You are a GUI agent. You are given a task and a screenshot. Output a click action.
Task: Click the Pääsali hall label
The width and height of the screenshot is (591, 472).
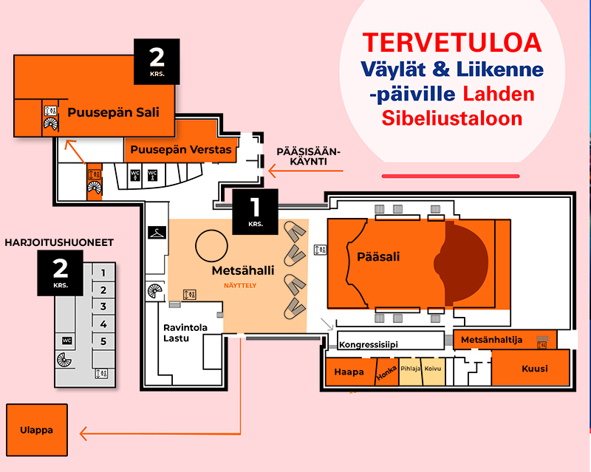378,257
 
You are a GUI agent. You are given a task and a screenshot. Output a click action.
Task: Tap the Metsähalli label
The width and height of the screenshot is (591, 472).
243,270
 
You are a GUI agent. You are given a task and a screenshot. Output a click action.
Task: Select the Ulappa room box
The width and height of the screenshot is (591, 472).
37,430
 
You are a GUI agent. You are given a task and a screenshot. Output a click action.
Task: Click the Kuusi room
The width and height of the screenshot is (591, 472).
530,368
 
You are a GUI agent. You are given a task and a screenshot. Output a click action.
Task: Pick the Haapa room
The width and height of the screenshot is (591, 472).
350,372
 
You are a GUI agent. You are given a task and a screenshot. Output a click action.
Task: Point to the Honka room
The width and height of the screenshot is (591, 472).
387,372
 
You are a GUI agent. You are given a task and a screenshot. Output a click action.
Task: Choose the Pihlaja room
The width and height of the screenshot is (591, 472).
410,372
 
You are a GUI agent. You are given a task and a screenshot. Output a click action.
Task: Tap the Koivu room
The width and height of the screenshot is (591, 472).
433,372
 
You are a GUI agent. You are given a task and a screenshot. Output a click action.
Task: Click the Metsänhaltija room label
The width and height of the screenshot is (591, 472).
491,340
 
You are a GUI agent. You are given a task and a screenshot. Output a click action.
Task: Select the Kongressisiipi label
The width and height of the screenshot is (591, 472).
368,344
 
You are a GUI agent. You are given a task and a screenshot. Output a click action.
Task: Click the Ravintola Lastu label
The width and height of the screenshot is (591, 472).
185,333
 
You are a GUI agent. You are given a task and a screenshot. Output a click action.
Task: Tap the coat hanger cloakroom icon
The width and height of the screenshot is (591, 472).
157,233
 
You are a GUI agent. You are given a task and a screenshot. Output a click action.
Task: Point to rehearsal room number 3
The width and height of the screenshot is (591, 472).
103,307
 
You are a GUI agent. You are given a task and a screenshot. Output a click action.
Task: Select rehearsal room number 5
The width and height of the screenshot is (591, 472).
103,341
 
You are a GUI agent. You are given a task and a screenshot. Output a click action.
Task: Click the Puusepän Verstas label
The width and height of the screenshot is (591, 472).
181,150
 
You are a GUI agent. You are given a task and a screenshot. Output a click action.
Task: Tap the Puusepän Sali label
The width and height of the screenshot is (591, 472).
114,112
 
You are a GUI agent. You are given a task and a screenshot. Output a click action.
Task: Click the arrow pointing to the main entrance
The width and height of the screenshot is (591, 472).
306,171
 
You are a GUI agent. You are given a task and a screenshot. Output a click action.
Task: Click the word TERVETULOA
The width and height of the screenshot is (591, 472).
452,43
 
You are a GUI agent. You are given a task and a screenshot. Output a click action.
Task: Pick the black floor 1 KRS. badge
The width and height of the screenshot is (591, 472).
255,212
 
